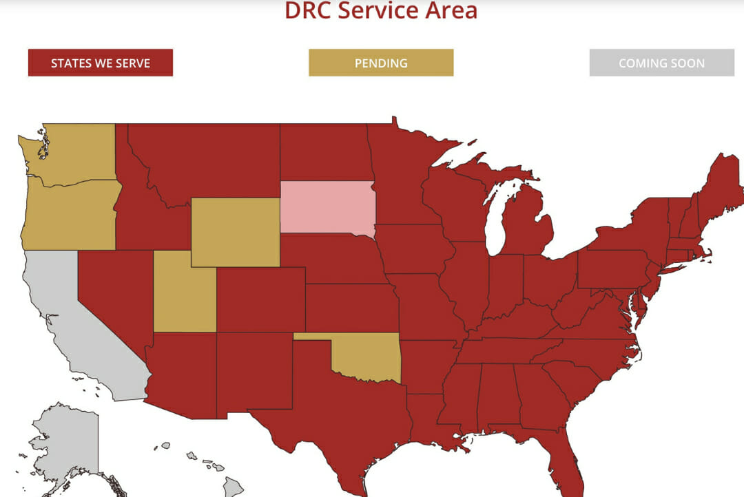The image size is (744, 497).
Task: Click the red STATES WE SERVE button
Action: coord(101,63)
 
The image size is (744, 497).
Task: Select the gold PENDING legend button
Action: coord(381,63)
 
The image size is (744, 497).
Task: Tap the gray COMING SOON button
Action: coord(661,63)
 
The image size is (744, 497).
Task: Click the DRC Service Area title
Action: coord(381,10)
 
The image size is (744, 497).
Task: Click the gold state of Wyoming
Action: coord(236,232)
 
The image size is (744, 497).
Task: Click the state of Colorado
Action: coord(260,299)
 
